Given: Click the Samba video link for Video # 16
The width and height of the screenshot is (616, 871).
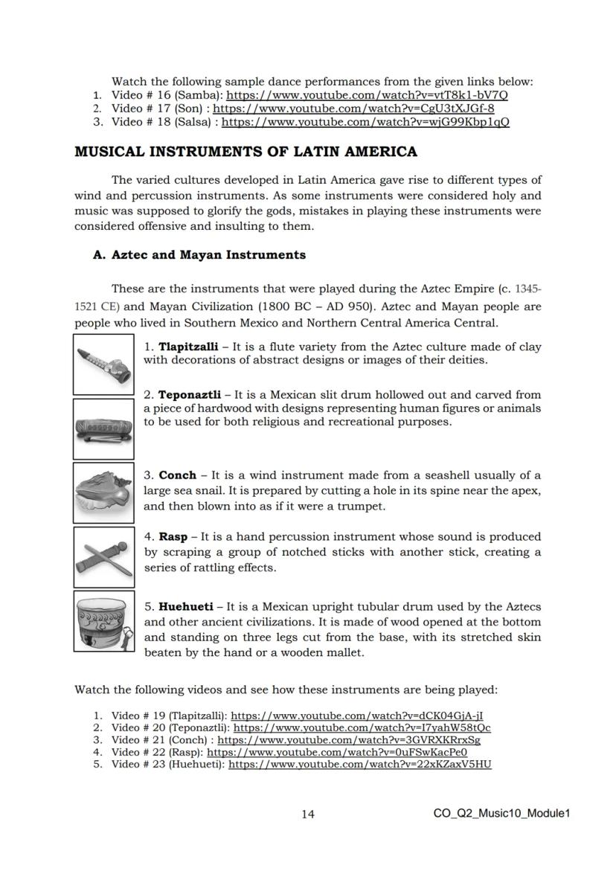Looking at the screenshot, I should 368,95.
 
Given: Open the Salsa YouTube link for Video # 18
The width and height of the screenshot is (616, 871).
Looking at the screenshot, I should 365,122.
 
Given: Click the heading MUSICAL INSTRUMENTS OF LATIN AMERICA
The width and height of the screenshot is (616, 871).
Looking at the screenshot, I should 246,152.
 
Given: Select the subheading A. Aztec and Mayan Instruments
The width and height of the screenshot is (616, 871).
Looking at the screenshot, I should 199,254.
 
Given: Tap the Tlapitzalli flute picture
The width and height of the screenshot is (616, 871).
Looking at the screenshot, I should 104,364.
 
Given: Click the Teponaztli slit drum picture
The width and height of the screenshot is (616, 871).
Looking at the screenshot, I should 104,429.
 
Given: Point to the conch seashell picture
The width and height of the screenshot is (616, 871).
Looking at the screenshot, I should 104,492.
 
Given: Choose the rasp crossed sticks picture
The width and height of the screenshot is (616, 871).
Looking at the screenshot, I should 104,557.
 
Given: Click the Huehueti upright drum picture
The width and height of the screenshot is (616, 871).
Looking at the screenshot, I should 104,621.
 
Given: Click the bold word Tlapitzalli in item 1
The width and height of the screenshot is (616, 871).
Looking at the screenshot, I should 188,347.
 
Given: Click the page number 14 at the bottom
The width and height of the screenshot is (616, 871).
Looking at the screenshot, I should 307,814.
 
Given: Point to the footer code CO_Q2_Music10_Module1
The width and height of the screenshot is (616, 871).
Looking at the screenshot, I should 501,813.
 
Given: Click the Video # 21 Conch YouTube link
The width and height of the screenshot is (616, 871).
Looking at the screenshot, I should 348,740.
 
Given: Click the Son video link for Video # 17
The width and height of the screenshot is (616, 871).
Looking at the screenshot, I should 354,109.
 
